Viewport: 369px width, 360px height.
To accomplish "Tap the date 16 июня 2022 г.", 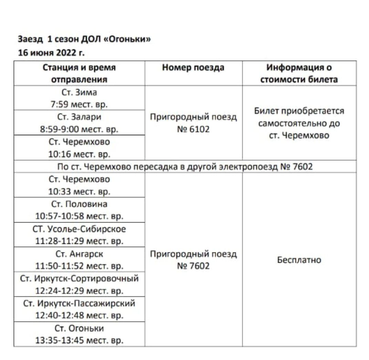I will (x=51, y=53).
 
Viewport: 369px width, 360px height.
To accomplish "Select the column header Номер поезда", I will (x=193, y=68).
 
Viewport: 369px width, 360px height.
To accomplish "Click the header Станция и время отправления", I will (x=79, y=73).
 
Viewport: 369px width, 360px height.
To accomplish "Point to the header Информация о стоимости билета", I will (x=299, y=73).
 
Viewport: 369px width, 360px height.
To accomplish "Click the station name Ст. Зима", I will (x=79, y=92).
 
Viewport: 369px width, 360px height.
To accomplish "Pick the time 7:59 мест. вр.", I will (x=79, y=104).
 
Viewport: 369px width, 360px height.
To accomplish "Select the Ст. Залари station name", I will (x=79, y=117).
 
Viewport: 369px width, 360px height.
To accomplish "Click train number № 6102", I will (x=193, y=130).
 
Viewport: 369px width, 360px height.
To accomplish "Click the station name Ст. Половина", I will (x=79, y=204).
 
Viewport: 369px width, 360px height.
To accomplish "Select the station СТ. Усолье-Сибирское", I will (x=79, y=229).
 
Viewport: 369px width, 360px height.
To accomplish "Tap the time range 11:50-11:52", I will (x=60, y=266).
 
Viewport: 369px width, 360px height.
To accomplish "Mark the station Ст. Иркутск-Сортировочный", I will (x=79, y=278).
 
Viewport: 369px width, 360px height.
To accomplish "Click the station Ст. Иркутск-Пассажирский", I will (x=79, y=303).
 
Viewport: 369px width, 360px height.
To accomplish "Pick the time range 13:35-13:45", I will (x=60, y=341).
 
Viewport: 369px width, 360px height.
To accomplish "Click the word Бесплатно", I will (x=299, y=260).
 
